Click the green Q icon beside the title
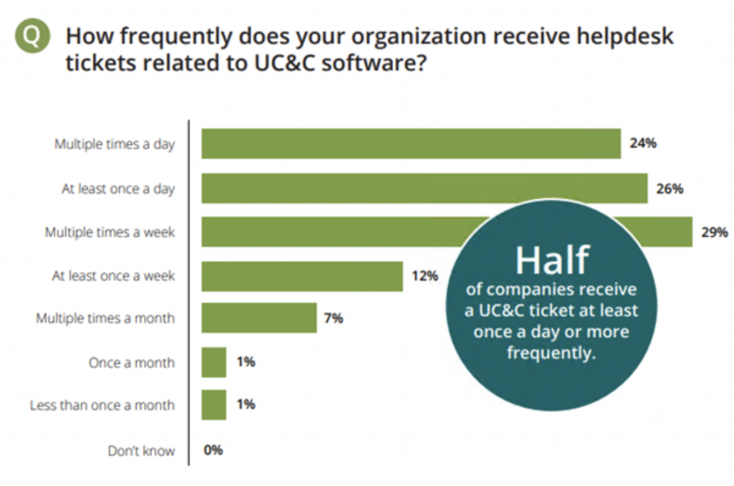point(32,36)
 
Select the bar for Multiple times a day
point(411,144)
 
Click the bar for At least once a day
point(424,188)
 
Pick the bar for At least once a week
point(302,276)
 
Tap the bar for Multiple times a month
point(259,318)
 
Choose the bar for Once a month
point(214,362)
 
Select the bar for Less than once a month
point(214,405)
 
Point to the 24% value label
point(643,143)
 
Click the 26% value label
point(669,189)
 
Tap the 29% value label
point(714,233)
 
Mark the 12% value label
point(425,276)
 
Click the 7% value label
point(333,318)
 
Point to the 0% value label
point(213,450)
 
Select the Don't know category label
point(141,451)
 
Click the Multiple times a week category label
point(110,232)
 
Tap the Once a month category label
point(132,363)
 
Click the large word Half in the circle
point(552,260)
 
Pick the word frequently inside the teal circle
point(551,353)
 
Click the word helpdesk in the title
point(625,37)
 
